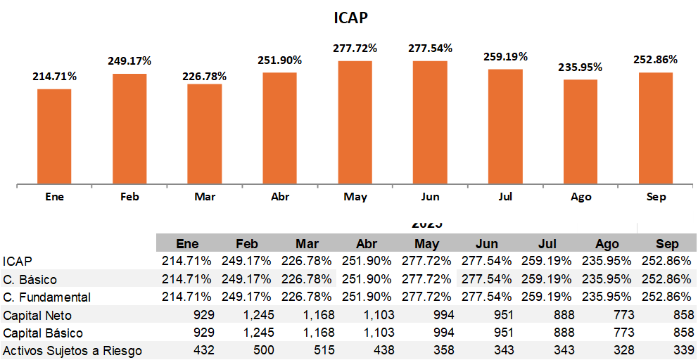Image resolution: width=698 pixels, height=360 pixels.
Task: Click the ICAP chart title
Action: coord(350,18)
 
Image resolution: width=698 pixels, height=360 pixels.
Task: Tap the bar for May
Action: coord(355,122)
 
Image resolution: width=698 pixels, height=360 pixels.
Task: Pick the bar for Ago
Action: coord(580,131)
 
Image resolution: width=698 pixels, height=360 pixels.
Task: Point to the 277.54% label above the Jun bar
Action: coord(430,49)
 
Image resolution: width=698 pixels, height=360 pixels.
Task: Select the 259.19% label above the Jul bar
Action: coord(505,57)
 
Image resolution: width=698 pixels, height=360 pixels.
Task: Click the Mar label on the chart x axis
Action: coord(205,197)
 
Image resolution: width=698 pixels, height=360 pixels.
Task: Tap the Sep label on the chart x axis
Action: coord(656,197)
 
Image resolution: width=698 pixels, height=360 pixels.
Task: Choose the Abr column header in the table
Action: coord(367,244)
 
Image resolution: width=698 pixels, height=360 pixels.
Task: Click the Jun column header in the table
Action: coord(487,244)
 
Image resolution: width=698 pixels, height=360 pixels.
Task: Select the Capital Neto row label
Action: coord(37,316)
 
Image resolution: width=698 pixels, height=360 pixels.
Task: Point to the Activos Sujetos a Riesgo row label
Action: coord(72,351)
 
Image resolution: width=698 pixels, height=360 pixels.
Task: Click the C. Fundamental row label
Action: coord(46,297)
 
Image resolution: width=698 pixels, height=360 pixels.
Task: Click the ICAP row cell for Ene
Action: coord(186,262)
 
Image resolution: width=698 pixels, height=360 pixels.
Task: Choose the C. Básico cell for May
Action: coord(427,280)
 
